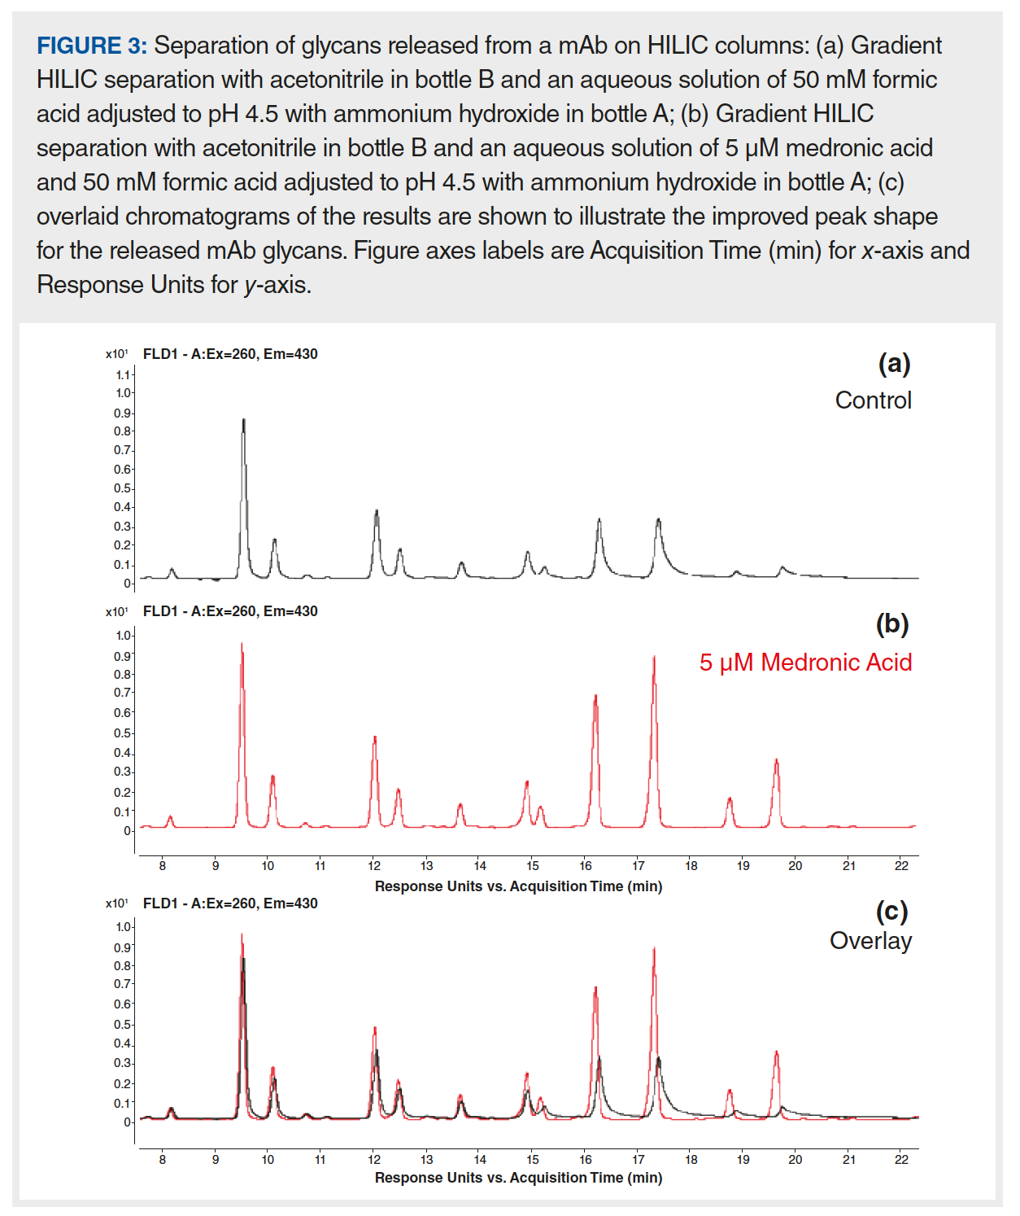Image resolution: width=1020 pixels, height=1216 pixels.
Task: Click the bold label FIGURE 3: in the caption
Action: pos(92,46)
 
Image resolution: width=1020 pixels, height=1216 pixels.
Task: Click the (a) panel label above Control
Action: pos(894,363)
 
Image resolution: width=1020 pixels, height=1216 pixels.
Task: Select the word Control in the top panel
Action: pos(873,400)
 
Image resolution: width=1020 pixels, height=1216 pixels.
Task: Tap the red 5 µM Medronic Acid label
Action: pos(805,663)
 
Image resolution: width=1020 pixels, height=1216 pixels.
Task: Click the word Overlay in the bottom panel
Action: pos(870,941)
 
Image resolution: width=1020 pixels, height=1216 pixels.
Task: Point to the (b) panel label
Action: pos(892,624)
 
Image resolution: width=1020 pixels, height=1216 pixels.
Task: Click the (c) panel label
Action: pos(891,911)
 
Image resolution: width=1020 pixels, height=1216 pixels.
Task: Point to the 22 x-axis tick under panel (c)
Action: pos(901,1160)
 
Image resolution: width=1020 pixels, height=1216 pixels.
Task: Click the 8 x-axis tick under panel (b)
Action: pos(163,866)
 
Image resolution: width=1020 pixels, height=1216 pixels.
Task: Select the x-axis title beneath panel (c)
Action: pos(518,1178)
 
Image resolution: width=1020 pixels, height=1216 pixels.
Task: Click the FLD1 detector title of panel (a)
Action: pos(230,354)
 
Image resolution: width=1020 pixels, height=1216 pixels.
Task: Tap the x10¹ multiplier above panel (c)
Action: pos(116,903)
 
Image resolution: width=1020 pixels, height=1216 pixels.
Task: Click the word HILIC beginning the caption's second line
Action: pos(68,80)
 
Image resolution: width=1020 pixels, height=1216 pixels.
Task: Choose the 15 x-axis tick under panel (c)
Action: pos(533,1160)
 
